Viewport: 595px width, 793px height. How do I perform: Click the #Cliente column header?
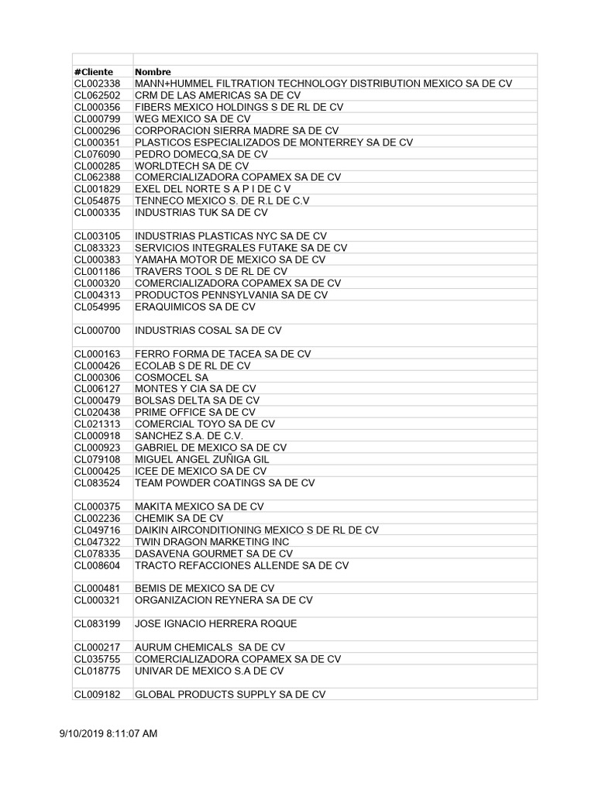click(x=94, y=72)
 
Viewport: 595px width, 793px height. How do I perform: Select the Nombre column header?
click(x=153, y=72)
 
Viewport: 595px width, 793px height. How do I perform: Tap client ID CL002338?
click(x=98, y=84)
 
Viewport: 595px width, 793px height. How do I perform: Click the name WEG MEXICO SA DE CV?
click(x=192, y=118)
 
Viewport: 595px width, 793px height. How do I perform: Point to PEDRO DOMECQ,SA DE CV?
click(x=201, y=154)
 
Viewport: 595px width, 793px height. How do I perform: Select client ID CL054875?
click(x=98, y=201)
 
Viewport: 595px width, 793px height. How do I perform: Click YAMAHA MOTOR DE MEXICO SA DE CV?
click(x=230, y=259)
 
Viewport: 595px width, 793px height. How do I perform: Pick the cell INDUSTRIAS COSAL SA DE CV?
click(x=208, y=331)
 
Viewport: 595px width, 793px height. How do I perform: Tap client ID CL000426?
click(x=98, y=366)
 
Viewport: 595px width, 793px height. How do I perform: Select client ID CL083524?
click(x=98, y=482)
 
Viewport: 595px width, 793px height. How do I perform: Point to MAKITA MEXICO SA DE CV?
click(x=199, y=506)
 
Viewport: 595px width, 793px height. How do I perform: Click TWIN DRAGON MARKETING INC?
click(x=212, y=542)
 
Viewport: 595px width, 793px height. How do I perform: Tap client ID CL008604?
click(x=98, y=565)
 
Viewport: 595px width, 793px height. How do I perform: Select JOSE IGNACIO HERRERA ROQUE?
click(x=215, y=623)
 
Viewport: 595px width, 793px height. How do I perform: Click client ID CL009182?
click(x=98, y=695)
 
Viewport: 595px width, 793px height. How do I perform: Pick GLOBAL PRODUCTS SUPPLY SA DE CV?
click(x=230, y=695)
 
